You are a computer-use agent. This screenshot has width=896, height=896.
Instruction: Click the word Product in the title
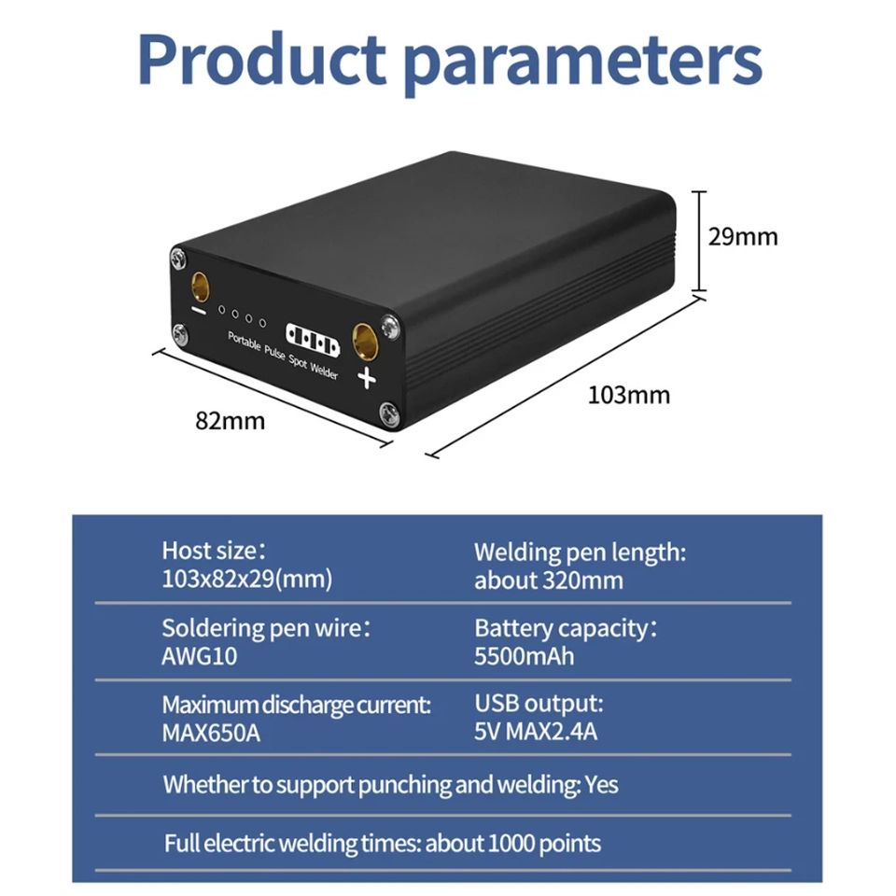tap(261, 59)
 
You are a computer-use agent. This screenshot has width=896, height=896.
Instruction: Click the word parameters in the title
tap(582, 63)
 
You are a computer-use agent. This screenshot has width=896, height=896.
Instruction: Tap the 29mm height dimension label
tap(743, 236)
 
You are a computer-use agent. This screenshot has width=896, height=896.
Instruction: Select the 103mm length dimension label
tap(628, 395)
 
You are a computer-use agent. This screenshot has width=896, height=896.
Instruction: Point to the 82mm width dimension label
tap(230, 421)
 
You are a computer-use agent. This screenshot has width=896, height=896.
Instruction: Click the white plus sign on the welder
tap(366, 378)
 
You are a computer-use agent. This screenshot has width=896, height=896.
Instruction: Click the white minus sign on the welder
tap(198, 311)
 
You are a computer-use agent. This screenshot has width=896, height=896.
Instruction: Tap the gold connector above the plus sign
tap(364, 342)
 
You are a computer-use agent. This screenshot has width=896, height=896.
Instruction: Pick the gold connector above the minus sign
tap(200, 287)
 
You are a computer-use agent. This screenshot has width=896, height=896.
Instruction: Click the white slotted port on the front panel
tap(313, 340)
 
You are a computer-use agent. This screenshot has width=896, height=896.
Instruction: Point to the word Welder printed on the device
tap(324, 371)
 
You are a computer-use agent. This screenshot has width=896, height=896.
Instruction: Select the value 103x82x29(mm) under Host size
tap(246, 579)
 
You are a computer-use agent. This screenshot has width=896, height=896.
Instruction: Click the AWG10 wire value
tap(200, 656)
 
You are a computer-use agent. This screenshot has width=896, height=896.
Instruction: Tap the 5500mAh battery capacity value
tap(524, 656)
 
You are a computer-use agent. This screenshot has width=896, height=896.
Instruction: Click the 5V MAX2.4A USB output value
tap(536, 732)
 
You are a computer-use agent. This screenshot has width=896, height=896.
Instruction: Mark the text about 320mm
tap(549, 581)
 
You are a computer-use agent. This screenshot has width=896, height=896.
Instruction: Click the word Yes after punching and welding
tap(601, 785)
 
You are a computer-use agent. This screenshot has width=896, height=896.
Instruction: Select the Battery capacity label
tap(561, 628)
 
